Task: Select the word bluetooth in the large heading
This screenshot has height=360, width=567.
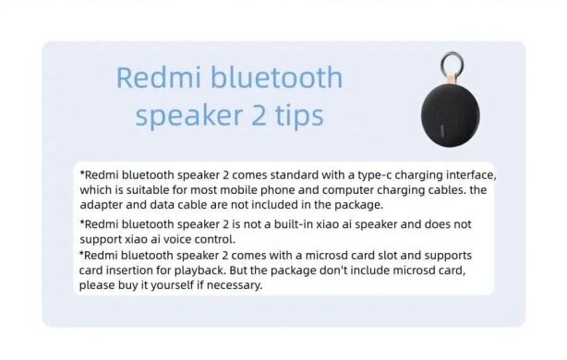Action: pyautogui.click(x=279, y=78)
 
